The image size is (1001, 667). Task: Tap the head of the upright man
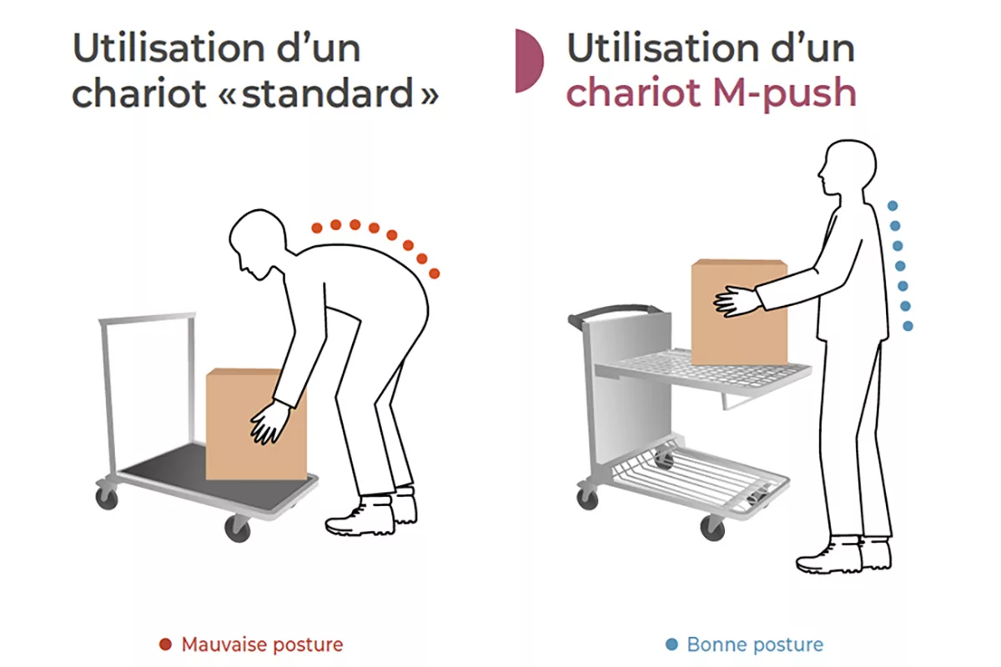846,171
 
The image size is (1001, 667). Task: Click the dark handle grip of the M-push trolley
609,312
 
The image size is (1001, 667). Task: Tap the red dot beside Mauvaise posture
165,644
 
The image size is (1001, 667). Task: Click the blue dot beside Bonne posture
672,644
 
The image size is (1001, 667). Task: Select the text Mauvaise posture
262,644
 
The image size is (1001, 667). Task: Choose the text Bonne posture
755,644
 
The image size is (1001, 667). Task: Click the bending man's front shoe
360,517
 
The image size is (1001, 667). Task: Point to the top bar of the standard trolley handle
147,318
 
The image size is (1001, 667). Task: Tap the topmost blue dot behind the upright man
893,205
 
